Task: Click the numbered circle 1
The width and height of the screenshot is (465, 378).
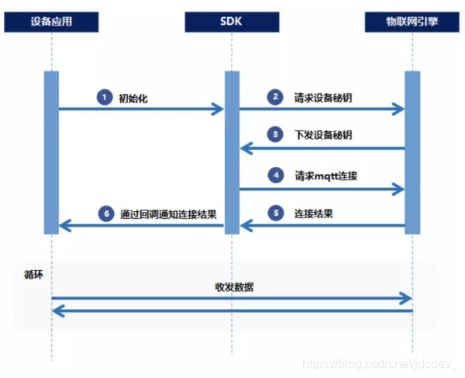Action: tap(103, 97)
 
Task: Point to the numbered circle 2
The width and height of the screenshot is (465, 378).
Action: tap(274, 97)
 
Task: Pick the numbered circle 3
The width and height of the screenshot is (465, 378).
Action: tap(274, 135)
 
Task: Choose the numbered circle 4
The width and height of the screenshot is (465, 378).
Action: tap(274, 175)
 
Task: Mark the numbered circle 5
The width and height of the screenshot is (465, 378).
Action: tap(274, 213)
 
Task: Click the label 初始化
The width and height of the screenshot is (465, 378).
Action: tap(133, 98)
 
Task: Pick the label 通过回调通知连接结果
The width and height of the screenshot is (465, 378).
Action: tap(168, 213)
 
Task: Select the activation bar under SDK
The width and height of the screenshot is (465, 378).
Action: tap(232, 152)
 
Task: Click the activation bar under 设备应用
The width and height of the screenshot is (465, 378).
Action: tap(51, 152)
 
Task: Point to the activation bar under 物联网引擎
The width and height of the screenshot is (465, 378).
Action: tap(412, 152)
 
